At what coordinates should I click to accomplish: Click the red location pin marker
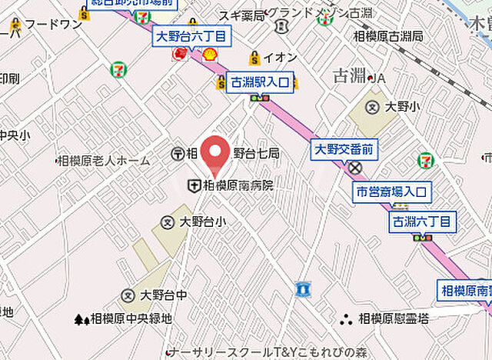coord(219,152)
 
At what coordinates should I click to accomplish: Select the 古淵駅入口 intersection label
coord(261,82)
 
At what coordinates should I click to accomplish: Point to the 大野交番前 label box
coord(343,149)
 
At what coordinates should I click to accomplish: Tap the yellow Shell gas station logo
coord(209,53)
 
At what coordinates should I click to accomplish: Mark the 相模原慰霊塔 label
coord(392,318)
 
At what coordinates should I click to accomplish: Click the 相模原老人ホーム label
coord(103,161)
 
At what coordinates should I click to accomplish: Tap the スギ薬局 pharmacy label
coord(241,15)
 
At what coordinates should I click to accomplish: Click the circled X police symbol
coord(354,167)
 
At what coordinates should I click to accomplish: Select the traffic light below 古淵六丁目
coord(422,238)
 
